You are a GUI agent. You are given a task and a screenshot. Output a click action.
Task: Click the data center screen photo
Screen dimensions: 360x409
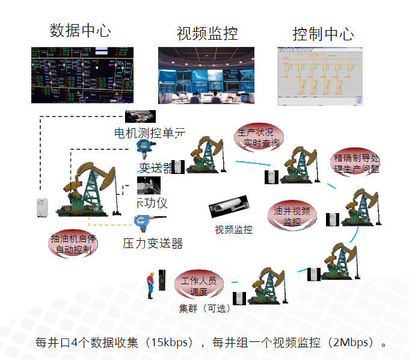click(x=82, y=75)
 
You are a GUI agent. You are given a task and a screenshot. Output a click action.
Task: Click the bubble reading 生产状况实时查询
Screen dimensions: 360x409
click(x=259, y=137)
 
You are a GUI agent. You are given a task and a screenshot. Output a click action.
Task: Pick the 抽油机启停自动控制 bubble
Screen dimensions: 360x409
click(x=73, y=244)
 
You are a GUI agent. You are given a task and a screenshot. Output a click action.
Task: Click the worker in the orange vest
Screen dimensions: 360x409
click(x=150, y=285)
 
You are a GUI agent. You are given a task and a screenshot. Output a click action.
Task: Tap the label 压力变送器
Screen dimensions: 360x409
click(x=153, y=243)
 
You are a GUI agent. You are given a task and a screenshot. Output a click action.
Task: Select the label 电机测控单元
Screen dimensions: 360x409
click(x=150, y=132)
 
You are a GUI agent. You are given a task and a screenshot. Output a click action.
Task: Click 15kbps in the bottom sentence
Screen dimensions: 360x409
click(x=171, y=343)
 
